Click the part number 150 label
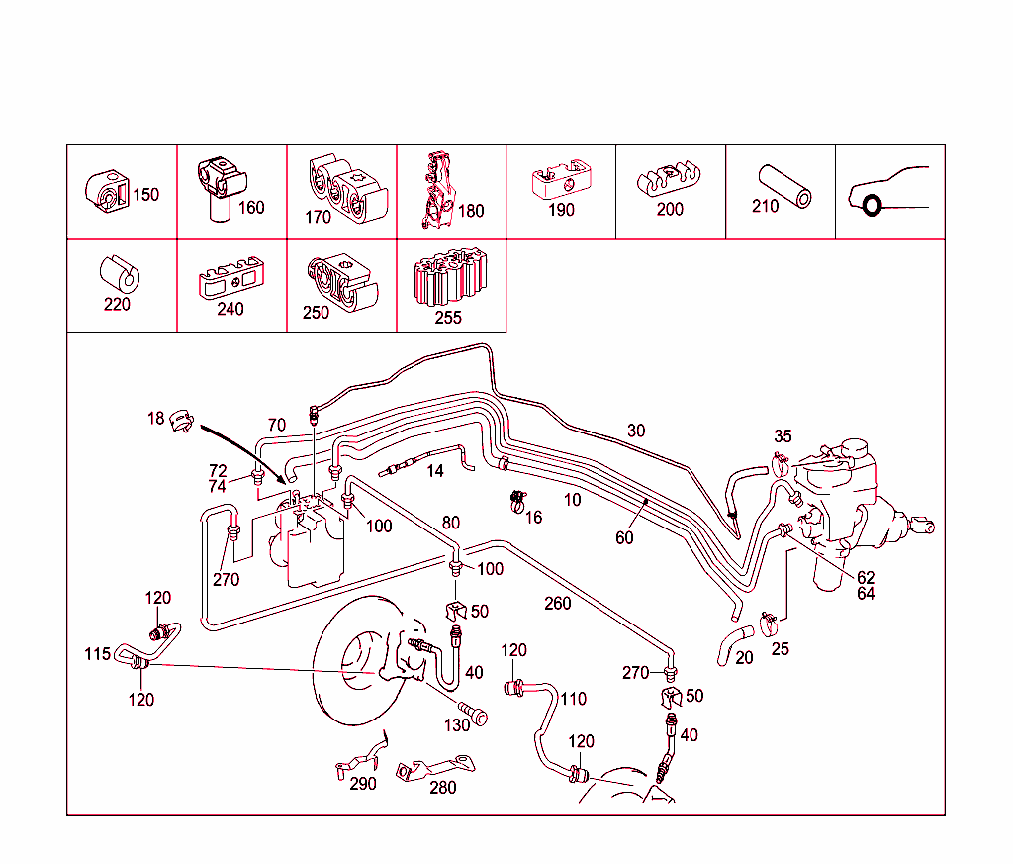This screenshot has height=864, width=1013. [x=145, y=195]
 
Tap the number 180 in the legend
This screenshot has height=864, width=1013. [x=471, y=211]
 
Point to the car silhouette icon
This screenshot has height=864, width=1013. [x=888, y=192]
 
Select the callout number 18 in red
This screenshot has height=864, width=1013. [x=155, y=419]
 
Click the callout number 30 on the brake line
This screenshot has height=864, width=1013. [x=636, y=431]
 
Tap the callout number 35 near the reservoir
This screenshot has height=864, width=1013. [x=783, y=436]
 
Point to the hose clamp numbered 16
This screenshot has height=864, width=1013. [x=514, y=503]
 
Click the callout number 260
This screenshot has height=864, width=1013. [x=558, y=603]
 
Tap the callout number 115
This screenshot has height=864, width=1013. [x=97, y=655]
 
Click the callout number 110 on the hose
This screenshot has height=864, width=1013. [x=574, y=699]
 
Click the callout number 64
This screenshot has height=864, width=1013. [x=867, y=594]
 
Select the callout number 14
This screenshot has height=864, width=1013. [x=435, y=471]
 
